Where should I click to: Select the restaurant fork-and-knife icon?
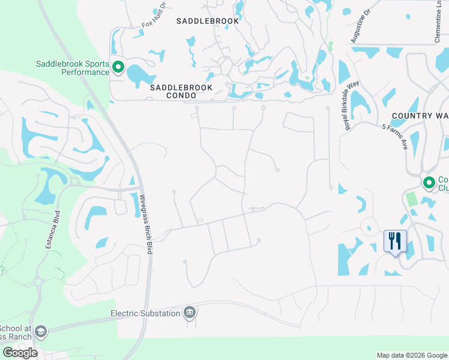coord(395,241)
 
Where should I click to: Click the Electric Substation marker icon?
coord(189,312)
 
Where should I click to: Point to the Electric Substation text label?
coord(145,313)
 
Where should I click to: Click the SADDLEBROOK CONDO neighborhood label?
coord(173,91)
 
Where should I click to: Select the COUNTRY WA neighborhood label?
coord(420,115)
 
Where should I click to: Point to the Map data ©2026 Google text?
coord(412,355)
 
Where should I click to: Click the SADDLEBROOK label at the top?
coord(208,20)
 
